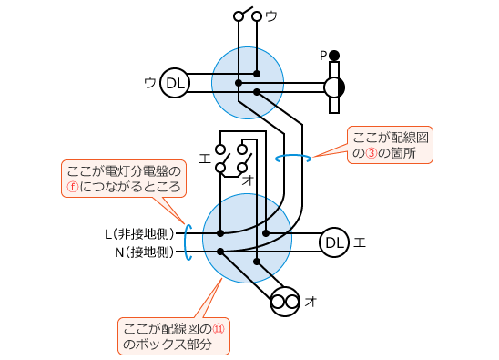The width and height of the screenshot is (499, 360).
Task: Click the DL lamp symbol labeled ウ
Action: coord(175,84)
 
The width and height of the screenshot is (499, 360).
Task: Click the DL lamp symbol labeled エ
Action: coord(334,242)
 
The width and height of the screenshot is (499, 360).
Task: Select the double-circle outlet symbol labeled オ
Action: coord(286,301)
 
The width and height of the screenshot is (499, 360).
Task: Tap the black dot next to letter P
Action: coord(335,55)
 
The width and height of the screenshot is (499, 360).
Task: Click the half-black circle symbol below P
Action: coord(335,87)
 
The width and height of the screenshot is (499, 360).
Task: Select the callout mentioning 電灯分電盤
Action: coord(125,178)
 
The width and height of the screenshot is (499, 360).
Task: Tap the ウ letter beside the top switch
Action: coord(271,15)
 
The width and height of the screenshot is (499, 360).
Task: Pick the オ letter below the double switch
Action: coord(248,180)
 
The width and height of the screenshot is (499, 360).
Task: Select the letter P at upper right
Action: coord(323,56)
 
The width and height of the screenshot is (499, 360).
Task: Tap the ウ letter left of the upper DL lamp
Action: coord(149,84)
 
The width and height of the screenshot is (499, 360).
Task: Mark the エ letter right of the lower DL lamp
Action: coord(360,242)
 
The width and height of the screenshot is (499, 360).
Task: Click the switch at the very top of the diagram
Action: coord(248,15)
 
